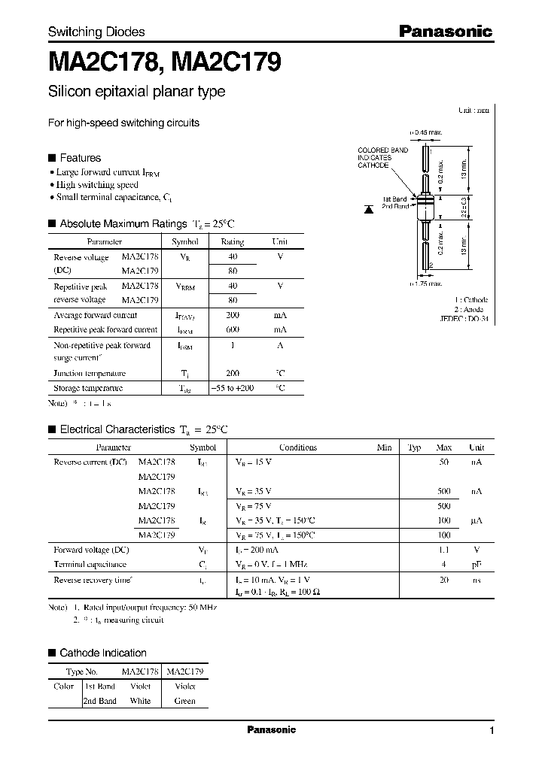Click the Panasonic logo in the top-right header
pyautogui.click(x=445, y=31)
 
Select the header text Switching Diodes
pyautogui.click(x=96, y=32)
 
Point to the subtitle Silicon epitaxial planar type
pyautogui.click(x=136, y=92)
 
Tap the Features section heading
pyautogui.click(x=80, y=158)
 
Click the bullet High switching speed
pyautogui.click(x=97, y=184)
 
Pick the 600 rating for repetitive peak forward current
pyautogui.click(x=232, y=329)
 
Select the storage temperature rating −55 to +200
pyautogui.click(x=232, y=388)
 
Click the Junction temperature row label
pyautogui.click(x=90, y=373)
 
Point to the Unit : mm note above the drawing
pyautogui.click(x=473, y=111)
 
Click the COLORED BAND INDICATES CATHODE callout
pyautogui.click(x=382, y=158)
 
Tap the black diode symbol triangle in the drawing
pyautogui.click(x=368, y=205)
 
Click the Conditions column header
pyautogui.click(x=298, y=447)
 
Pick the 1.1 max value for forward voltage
pyautogui.click(x=444, y=550)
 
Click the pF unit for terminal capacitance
pyautogui.click(x=477, y=564)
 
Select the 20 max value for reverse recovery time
pyautogui.click(x=444, y=580)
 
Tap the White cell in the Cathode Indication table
pyautogui.click(x=140, y=701)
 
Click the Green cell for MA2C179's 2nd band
pyautogui.click(x=184, y=701)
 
